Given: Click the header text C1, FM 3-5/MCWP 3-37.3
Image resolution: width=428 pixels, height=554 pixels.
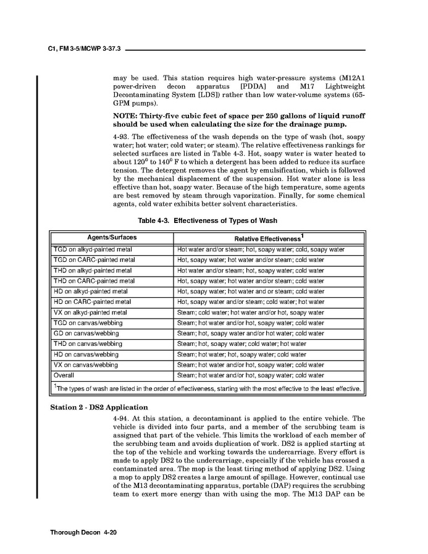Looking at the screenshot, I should [x=83, y=48].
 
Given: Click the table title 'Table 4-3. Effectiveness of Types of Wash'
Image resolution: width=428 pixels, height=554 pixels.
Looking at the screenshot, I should [x=207, y=220].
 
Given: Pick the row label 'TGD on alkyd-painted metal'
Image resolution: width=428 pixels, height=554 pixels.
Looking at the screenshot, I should [x=93, y=250].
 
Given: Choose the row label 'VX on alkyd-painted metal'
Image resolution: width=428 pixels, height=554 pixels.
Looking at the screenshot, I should [x=91, y=313].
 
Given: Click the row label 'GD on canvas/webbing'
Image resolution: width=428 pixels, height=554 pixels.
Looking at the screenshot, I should [x=86, y=334].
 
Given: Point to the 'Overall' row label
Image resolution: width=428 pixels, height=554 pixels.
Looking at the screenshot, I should [x=64, y=376].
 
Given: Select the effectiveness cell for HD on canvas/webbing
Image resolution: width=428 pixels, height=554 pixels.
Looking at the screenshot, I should [x=241, y=355].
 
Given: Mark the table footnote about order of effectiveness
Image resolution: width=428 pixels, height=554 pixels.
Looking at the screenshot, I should [x=208, y=388].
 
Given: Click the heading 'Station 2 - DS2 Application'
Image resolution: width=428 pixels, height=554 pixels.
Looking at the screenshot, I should [x=99, y=408].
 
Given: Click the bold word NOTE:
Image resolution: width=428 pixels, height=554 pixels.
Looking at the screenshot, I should [x=127, y=116].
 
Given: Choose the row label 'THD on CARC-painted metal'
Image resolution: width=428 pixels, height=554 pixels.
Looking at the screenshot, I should [x=94, y=281].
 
